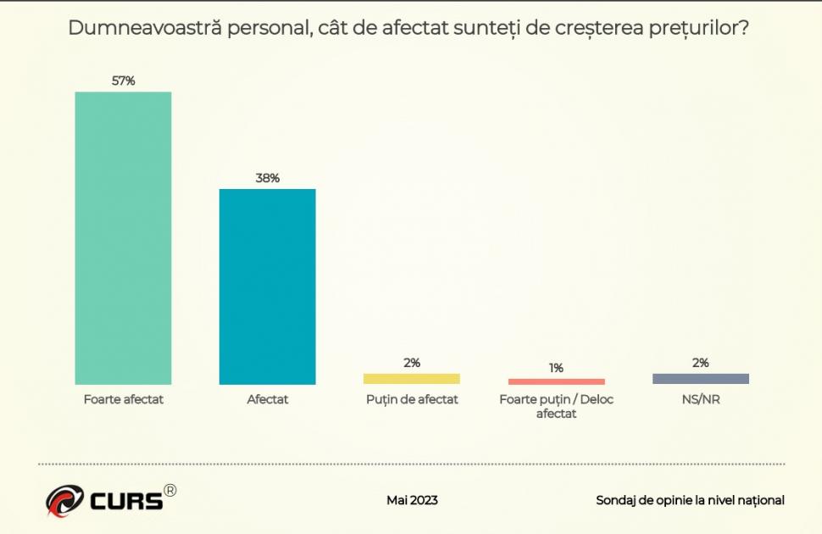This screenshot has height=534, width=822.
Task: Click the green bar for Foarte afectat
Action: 123,237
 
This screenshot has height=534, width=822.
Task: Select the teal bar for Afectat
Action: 267,286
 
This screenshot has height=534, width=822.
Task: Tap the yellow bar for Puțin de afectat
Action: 412,379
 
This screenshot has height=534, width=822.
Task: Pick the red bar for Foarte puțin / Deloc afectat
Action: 556,381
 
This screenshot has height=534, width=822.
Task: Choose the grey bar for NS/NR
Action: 700,379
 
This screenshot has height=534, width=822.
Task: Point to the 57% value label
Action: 124,81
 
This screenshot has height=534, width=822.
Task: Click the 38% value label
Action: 268,178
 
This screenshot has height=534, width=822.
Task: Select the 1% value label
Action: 556,368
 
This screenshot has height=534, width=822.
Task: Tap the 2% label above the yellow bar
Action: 412,363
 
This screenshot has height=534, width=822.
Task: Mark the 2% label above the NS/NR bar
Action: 700,363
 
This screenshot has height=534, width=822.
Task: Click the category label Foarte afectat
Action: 124,399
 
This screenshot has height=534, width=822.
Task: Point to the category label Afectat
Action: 268,399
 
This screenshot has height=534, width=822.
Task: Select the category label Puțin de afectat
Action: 412,399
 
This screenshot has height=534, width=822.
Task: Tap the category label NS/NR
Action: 700,399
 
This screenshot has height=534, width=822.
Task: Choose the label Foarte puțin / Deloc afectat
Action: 556,406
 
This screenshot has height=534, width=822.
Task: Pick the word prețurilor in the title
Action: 700,28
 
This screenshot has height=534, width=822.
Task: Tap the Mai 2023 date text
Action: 412,500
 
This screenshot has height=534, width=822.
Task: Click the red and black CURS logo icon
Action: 65,500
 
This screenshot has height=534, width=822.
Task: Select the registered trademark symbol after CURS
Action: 170,491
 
